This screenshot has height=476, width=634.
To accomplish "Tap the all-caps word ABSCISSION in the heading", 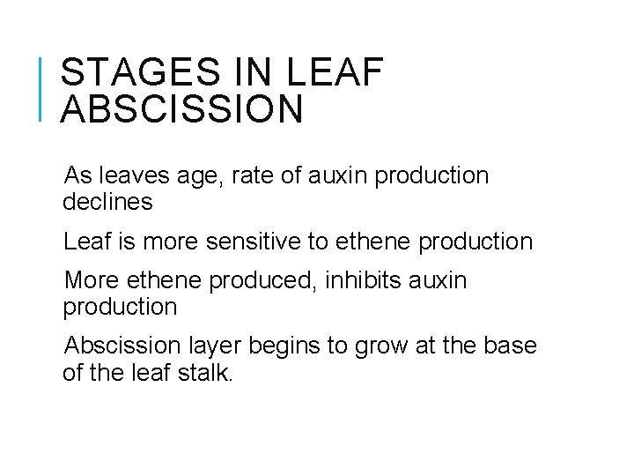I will (x=182, y=110).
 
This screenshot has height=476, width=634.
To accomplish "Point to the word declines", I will (x=107, y=202).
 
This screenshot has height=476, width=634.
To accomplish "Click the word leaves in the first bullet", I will (x=128, y=175).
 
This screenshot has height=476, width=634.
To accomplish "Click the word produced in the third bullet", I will (x=262, y=280).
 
